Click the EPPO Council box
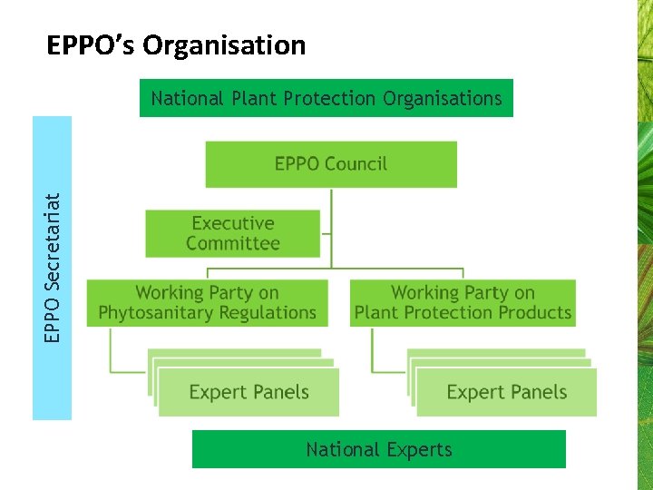click(331, 164)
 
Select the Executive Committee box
click(233, 233)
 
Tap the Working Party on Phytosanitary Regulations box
click(207, 303)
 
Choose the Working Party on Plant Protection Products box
click(463, 303)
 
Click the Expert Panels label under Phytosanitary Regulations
click(249, 393)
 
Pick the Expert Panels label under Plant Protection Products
click(507, 393)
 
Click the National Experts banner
click(378, 449)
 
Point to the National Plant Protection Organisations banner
click(326, 98)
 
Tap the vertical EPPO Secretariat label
click(53, 268)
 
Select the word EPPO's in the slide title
click(91, 45)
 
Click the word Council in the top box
click(356, 164)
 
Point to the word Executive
click(233, 223)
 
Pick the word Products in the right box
click(537, 313)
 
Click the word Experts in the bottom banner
click(416, 449)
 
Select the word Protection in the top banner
click(329, 98)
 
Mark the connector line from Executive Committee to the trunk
click(326, 234)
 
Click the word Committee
click(233, 243)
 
